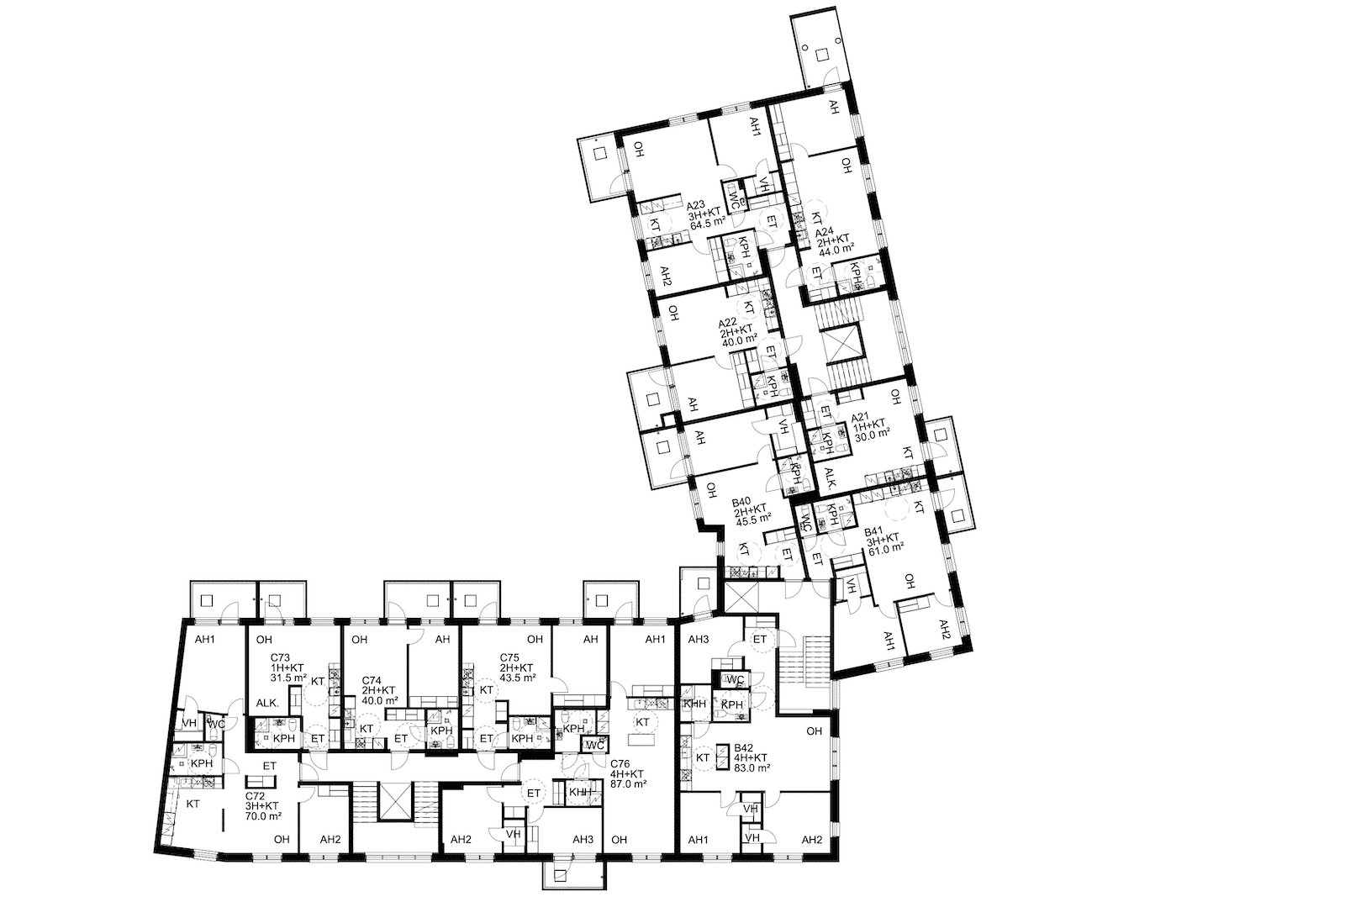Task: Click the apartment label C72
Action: click(x=255, y=796)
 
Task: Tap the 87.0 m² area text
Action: click(x=628, y=783)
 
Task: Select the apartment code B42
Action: click(x=744, y=748)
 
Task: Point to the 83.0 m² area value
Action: click(x=752, y=767)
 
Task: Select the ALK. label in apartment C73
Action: click(x=268, y=704)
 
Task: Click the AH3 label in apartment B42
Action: click(x=699, y=640)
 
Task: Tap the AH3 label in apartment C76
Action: click(x=583, y=839)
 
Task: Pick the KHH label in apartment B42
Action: click(x=694, y=704)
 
